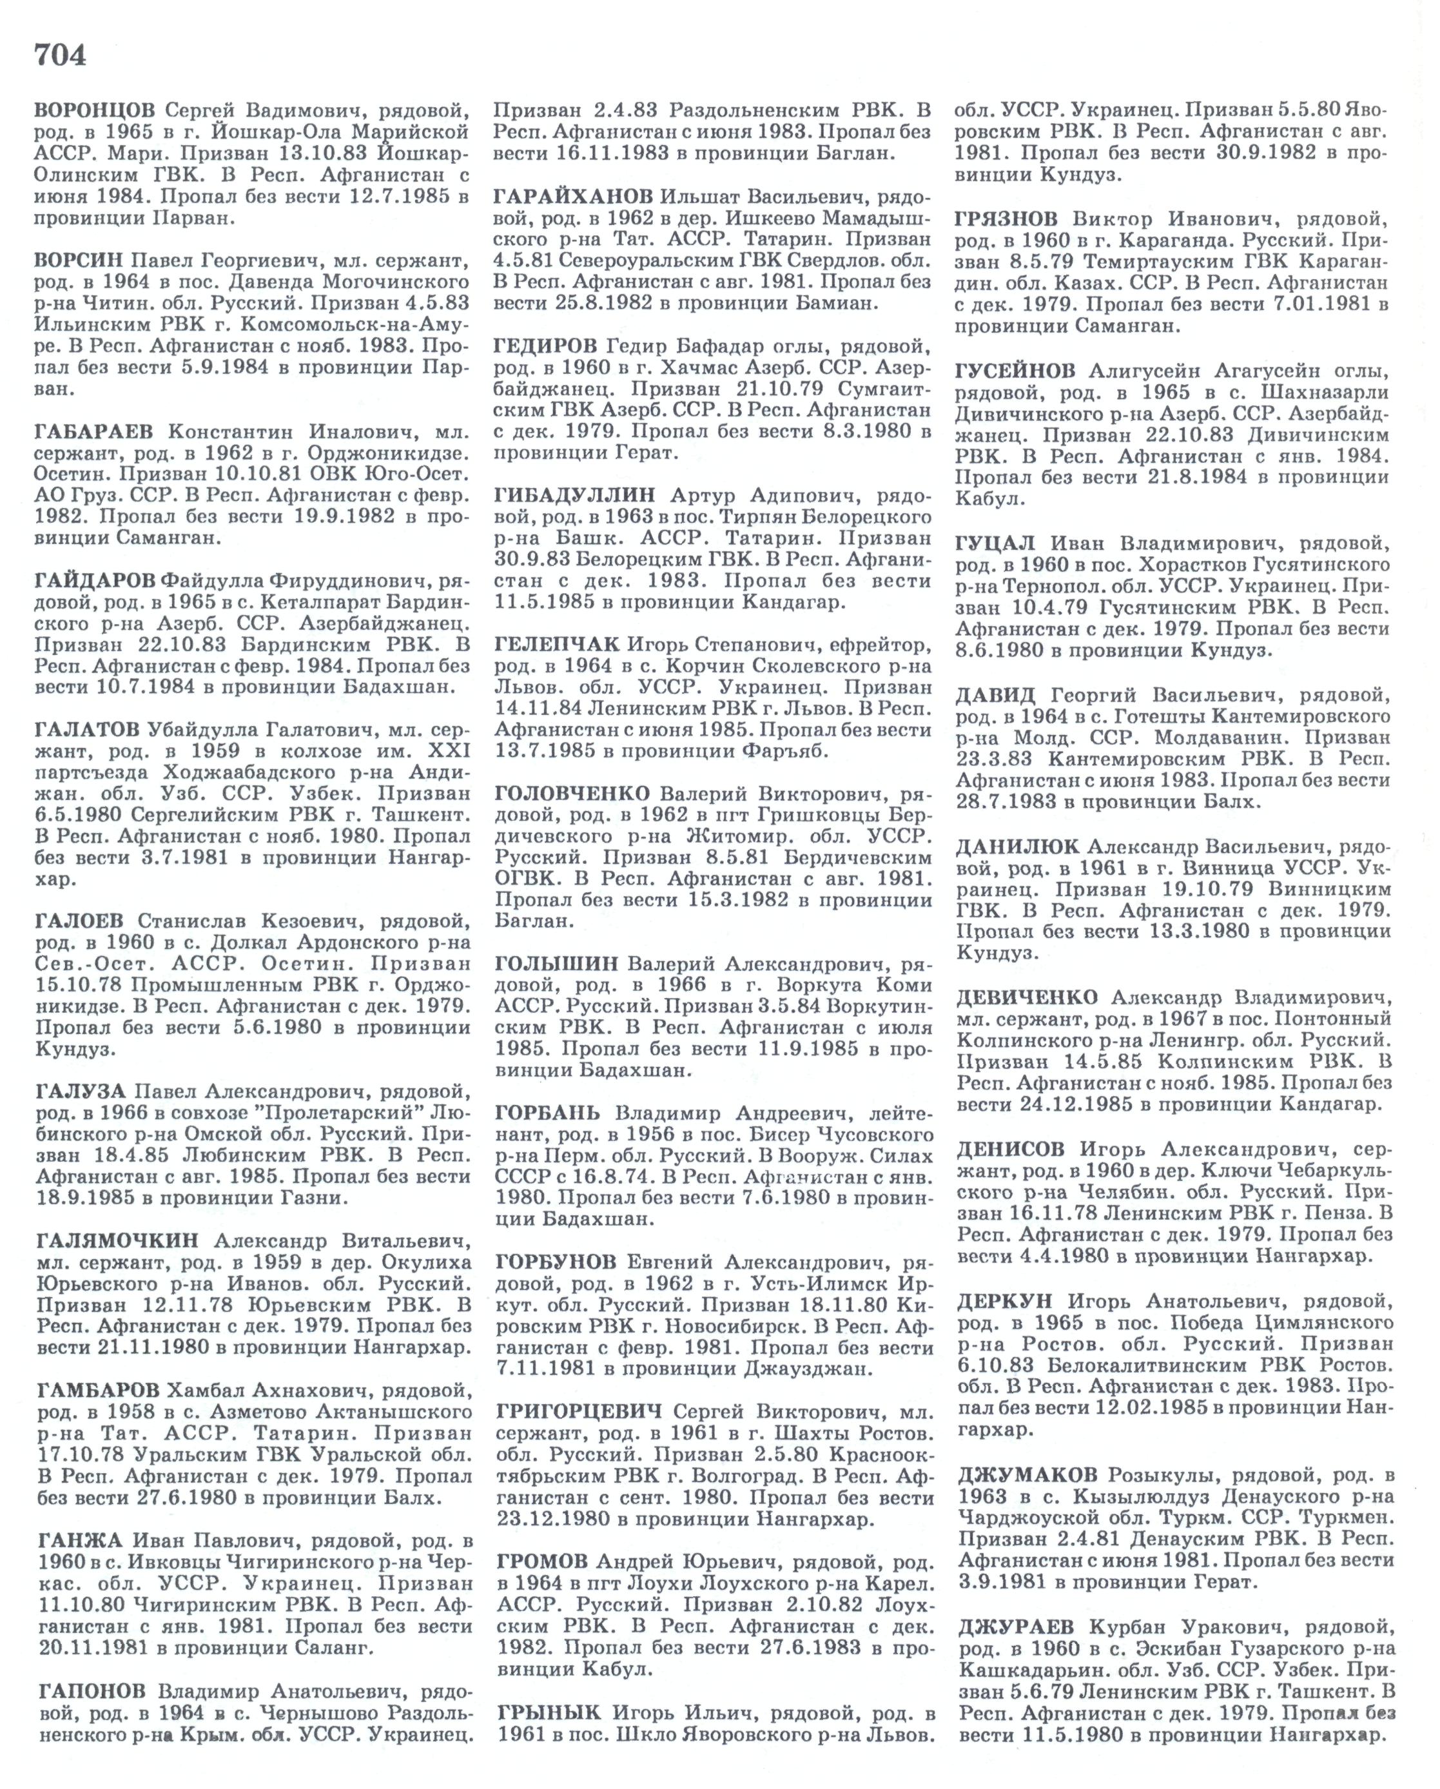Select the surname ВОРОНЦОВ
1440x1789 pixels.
tap(95, 110)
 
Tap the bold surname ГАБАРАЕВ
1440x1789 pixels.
tap(95, 433)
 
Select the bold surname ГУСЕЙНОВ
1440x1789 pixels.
tap(1015, 370)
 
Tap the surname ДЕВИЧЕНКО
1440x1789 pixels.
tap(1026, 997)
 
